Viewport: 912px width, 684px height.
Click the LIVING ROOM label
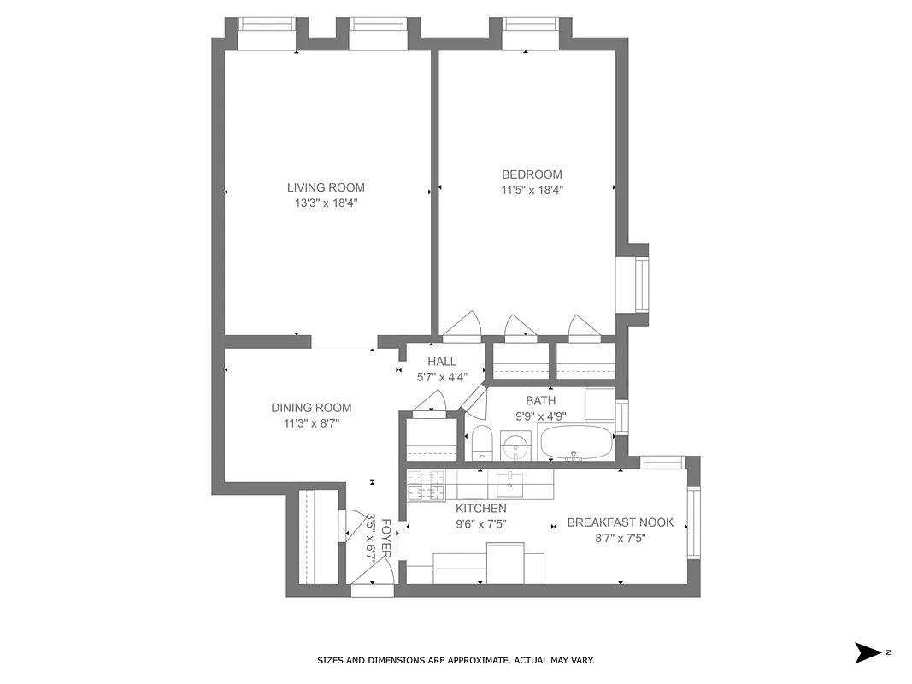click(x=326, y=187)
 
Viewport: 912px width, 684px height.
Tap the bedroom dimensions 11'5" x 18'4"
click(x=532, y=190)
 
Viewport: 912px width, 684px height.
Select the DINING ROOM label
click(x=311, y=408)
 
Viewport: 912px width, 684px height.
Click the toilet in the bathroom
click(x=481, y=442)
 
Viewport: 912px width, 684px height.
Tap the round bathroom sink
click(x=515, y=446)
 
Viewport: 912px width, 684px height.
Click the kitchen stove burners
click(x=427, y=485)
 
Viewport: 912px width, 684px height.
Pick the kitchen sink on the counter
click(x=510, y=484)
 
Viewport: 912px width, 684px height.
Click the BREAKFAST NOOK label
click(x=621, y=522)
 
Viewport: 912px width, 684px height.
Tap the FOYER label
click(x=386, y=538)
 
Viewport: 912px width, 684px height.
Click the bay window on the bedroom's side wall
click(x=637, y=286)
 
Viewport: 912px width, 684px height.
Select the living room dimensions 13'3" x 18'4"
click(x=326, y=203)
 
